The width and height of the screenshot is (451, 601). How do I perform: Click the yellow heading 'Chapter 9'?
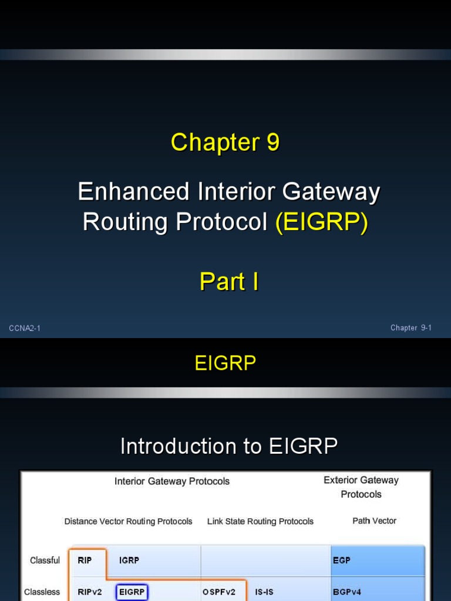225,143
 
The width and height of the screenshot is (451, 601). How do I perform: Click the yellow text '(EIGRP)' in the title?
321,222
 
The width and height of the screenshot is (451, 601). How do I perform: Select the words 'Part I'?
229,282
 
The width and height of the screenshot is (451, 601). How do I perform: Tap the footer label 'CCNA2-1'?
25,328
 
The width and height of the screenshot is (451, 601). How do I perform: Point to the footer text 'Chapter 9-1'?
411,328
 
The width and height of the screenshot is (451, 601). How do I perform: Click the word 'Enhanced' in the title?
134,192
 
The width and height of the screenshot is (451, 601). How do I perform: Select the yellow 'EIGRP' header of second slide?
225,363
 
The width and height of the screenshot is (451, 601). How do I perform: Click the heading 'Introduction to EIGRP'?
229,447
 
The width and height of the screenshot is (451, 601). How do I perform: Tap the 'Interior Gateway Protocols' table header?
172,481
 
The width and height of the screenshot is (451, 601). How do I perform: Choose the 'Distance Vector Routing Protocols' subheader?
128,521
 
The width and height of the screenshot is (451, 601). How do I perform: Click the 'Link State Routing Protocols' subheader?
260,521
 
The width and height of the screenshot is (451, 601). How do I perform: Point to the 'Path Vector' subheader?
374,521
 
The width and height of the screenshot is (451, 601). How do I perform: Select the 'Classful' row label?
45,561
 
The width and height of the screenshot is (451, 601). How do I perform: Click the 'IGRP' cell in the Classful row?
129,561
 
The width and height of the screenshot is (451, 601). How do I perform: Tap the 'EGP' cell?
341,561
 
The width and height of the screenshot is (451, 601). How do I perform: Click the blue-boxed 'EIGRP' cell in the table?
132,592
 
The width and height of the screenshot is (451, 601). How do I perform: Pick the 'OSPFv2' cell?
219,592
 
